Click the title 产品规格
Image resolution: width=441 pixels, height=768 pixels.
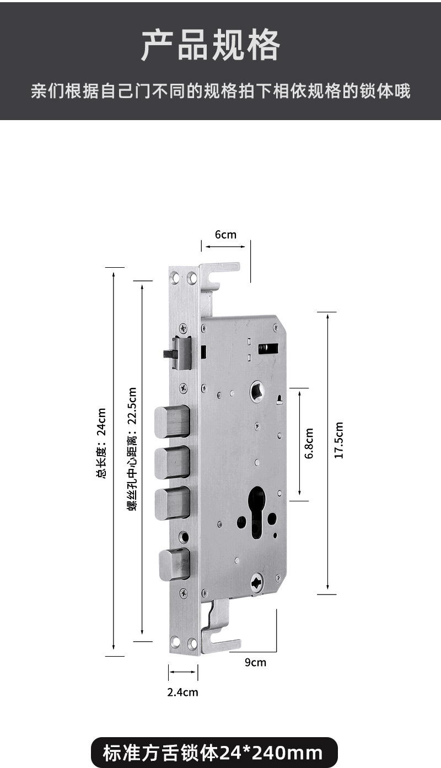(211, 45)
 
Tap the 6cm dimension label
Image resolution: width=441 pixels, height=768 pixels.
(225, 235)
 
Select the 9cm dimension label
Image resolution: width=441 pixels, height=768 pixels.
(255, 662)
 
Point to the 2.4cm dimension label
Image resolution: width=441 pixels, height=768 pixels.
(183, 692)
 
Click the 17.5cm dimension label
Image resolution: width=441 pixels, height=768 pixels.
(339, 440)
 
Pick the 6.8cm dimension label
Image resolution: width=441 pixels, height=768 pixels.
(309, 444)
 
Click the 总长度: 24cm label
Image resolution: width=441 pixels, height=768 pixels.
(101, 444)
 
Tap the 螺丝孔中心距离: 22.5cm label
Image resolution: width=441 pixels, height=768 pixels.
(132, 449)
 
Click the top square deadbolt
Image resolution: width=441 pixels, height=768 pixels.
(172, 421)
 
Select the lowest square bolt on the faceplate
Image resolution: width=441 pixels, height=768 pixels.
(175, 564)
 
